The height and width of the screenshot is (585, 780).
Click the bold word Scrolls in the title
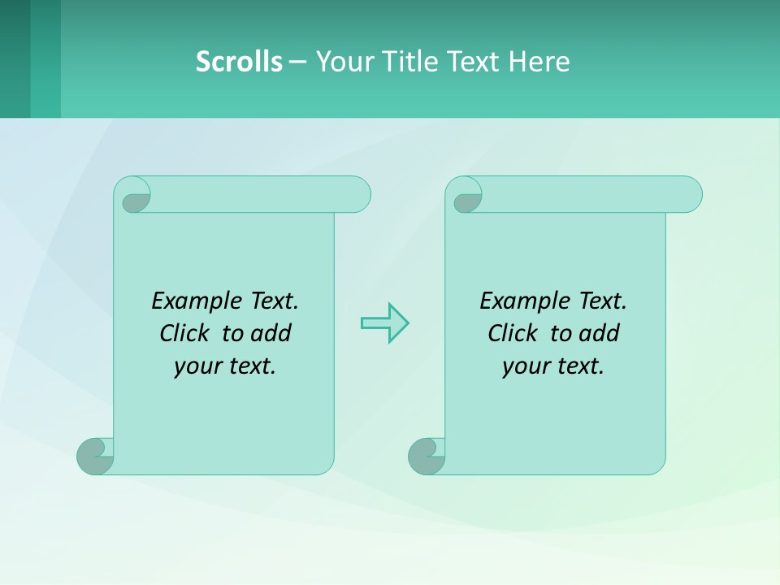239,61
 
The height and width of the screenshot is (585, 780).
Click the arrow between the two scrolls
384,323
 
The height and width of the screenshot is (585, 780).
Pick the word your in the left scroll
194,366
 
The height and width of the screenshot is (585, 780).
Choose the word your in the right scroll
522,366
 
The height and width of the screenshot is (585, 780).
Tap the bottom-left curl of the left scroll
95,456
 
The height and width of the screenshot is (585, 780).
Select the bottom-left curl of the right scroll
427,456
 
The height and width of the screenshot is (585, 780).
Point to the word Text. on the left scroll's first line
274,301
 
